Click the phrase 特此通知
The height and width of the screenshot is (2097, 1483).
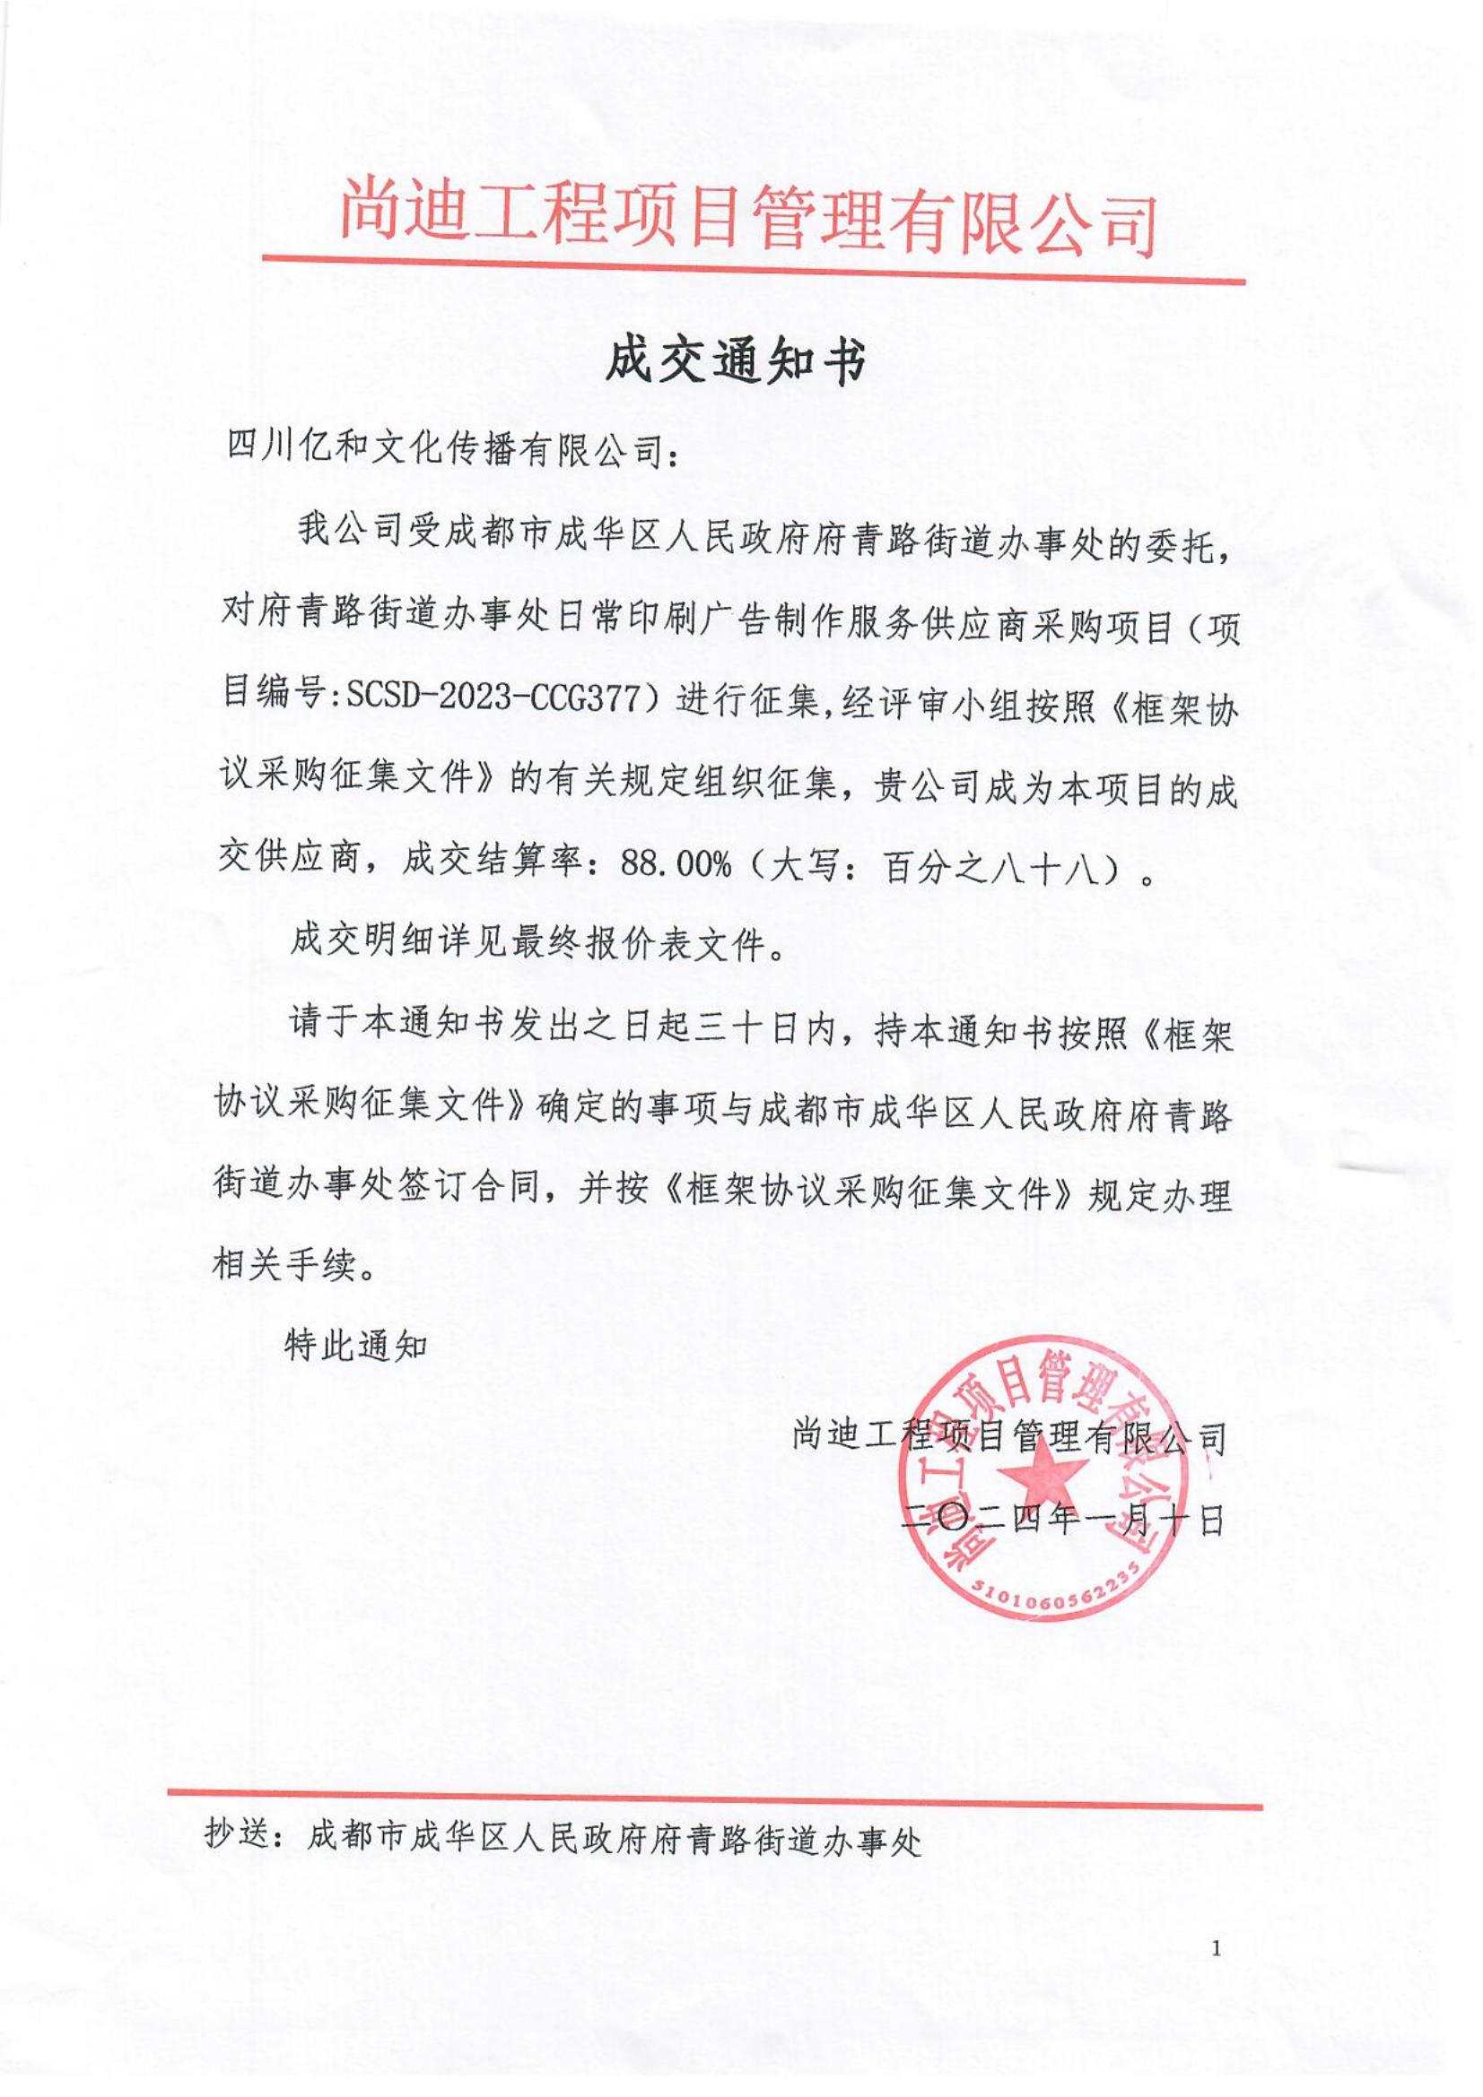(356, 1347)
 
